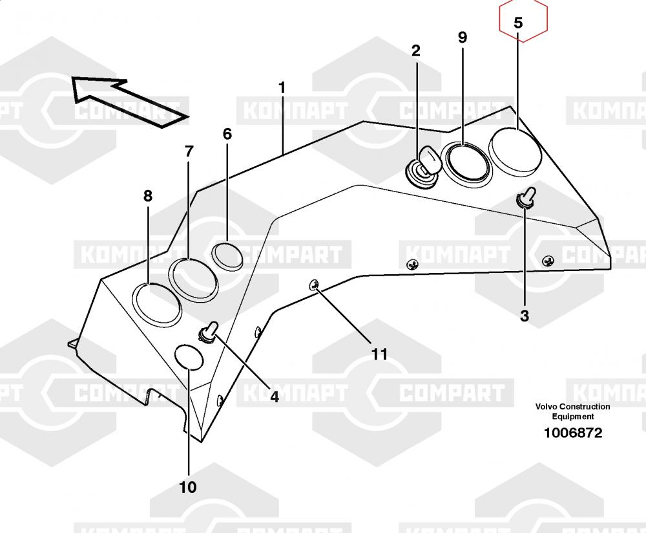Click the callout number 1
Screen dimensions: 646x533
coord(282,88)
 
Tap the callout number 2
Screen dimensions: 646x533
coord(415,50)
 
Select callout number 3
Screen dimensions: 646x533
coord(524,316)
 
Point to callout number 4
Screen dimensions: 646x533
coord(275,397)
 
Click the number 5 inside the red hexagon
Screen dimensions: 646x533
coord(518,23)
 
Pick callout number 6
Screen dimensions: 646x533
coord(227,134)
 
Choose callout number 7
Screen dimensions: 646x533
coord(189,152)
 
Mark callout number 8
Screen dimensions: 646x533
coord(148,196)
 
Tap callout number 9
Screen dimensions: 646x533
coord(463,38)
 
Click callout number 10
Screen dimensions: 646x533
coord(188,487)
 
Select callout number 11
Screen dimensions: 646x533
coord(379,354)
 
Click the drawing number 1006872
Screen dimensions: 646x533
coord(572,433)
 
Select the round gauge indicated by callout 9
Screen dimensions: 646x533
coord(466,162)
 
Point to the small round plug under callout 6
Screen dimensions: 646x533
coord(227,257)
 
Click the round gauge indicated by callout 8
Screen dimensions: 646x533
coord(157,305)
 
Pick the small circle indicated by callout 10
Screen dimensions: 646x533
coord(189,357)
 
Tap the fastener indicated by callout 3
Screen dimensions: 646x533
coord(526,197)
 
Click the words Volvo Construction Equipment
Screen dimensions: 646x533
coord(572,411)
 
